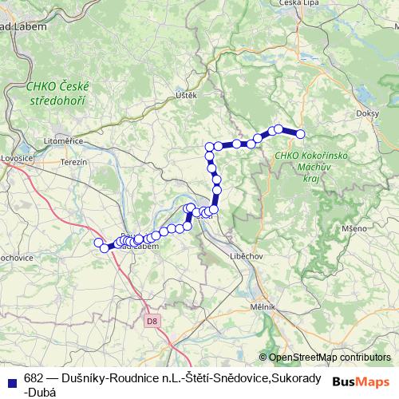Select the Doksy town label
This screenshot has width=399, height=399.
tap(369, 114)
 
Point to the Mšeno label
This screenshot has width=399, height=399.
tap(354, 228)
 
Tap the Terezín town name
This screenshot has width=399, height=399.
tap(73, 161)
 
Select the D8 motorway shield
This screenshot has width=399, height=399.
tap(152, 321)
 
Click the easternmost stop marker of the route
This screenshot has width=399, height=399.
tap(301, 134)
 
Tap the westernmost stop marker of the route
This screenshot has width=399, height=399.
tap(99, 243)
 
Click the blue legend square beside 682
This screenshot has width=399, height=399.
tap(11, 379)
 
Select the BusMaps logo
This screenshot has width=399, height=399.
tap(362, 381)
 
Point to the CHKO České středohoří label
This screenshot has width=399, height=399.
tap(58, 94)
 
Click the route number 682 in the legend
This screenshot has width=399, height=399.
tap(34, 379)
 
